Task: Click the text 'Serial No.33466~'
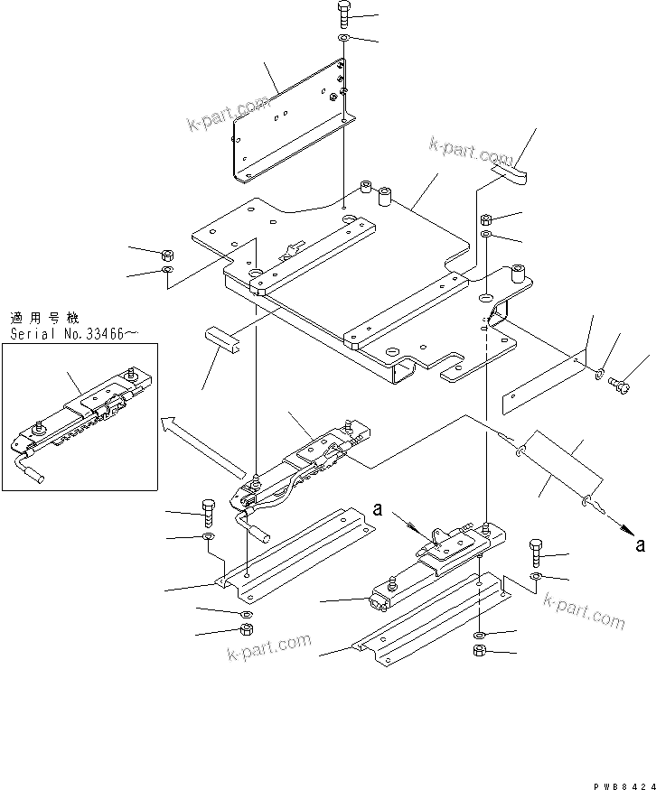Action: point(74,334)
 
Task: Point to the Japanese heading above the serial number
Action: point(44,318)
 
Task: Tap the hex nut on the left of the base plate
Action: point(168,255)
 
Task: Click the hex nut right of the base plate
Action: point(486,219)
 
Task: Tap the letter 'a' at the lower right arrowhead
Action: point(642,544)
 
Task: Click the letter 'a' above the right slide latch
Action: point(379,510)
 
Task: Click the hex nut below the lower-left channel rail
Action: point(245,631)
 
